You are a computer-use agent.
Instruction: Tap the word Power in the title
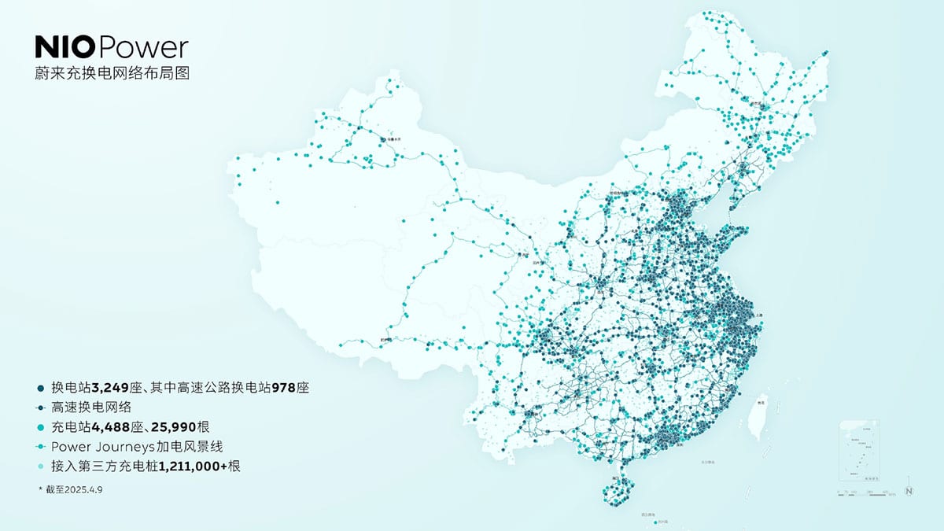coord(145,48)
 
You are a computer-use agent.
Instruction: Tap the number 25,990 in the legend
coord(183,427)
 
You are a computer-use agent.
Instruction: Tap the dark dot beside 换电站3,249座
coord(40,388)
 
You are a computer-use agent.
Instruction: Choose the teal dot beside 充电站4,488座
coord(40,427)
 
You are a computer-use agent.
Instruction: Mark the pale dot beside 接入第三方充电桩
coord(40,466)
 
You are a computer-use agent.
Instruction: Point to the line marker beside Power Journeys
coord(40,447)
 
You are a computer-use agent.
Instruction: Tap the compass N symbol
coord(909,491)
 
